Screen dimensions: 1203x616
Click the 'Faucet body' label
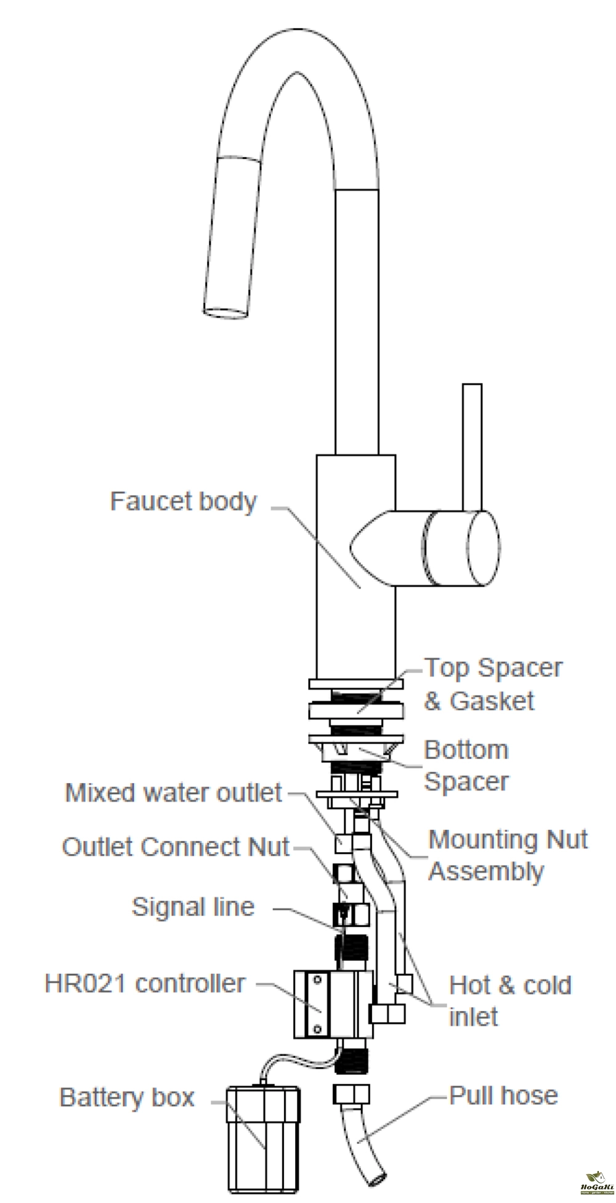click(x=183, y=501)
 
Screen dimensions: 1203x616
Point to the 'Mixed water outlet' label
click(x=173, y=792)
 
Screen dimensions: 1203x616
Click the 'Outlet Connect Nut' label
click(x=176, y=847)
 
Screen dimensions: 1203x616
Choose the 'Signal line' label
click(x=193, y=906)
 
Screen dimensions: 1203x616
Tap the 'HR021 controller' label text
click(x=145, y=983)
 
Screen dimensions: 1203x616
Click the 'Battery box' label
click(x=127, y=1097)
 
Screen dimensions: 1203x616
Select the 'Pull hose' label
click(x=503, y=1095)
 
